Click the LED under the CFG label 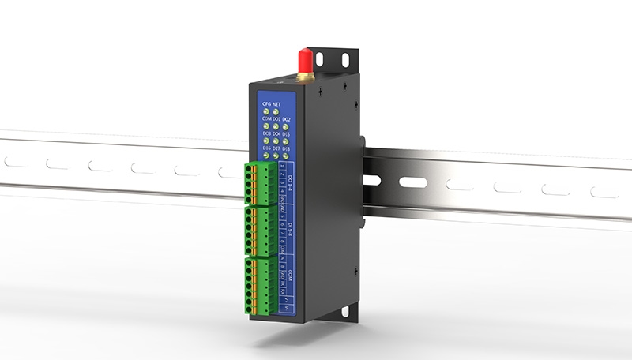[266, 111]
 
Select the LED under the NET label [276, 111]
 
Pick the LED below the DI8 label [286, 156]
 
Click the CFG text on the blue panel [266, 103]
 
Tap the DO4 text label [276, 133]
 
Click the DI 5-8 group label [291, 229]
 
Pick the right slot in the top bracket [345, 58]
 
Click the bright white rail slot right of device [412, 182]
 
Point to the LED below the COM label [266, 126]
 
